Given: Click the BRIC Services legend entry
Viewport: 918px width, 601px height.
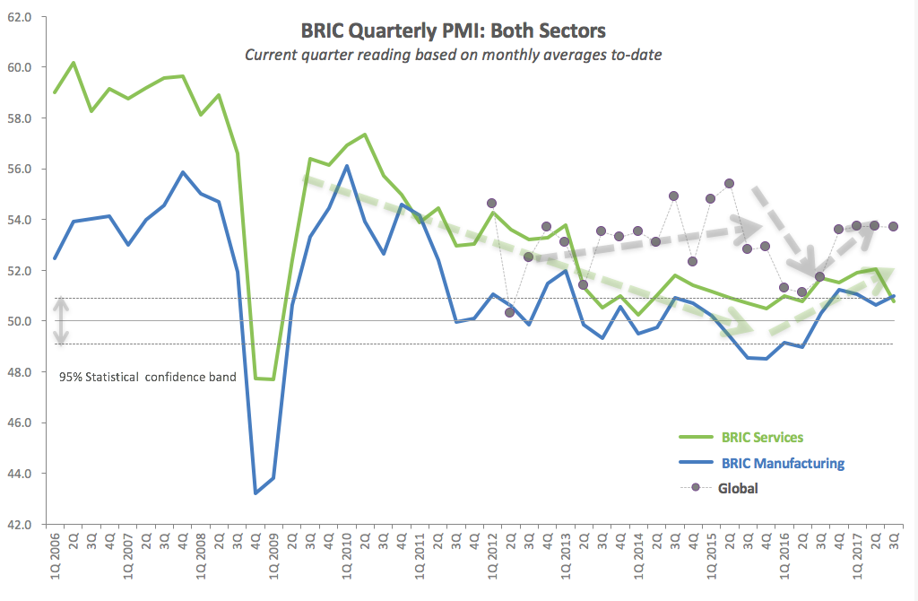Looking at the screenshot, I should coord(761,438).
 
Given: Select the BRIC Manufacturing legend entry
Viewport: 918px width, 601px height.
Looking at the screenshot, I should coord(782,464).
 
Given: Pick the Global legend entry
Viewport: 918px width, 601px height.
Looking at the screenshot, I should coord(737,489).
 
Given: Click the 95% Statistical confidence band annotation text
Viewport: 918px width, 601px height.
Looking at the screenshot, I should coord(148,377).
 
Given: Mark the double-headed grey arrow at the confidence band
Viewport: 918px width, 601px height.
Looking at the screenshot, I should coord(61,321).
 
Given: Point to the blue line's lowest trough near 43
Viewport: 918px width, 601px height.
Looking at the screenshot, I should coord(256,492).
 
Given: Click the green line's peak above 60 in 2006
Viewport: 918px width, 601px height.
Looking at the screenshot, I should coord(74,63).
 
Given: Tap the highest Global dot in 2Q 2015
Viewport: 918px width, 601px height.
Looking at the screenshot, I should coord(729,183).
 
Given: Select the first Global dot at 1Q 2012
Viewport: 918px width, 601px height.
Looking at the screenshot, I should coord(491,204).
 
